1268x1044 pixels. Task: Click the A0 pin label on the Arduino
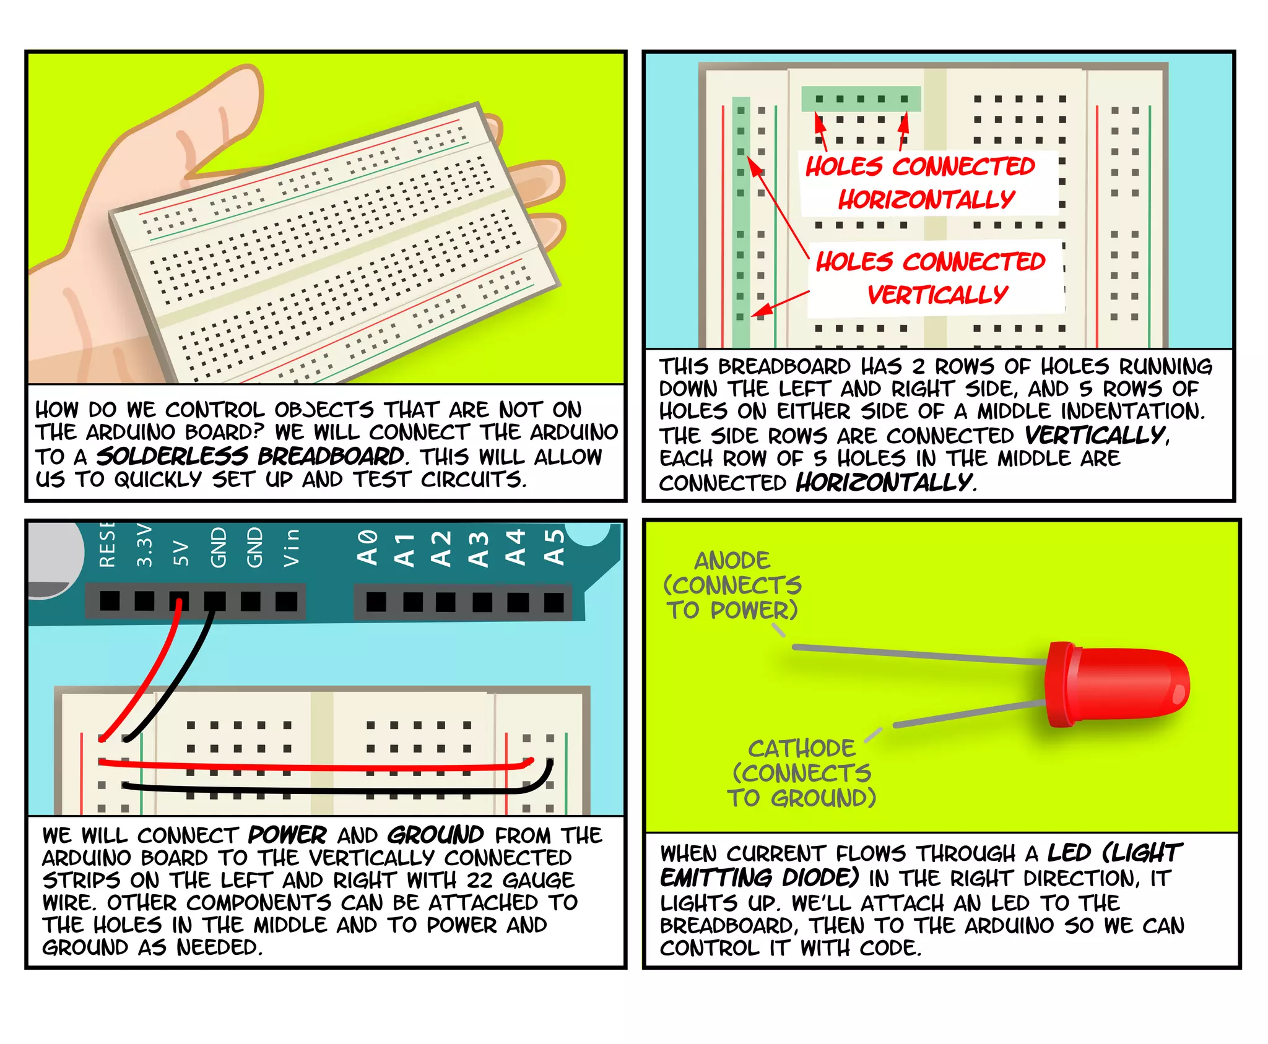point(368,547)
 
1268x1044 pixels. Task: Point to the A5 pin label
point(554,547)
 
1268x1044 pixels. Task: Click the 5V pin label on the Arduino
point(180,552)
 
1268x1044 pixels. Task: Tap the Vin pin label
point(291,548)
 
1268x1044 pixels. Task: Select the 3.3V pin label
point(144,545)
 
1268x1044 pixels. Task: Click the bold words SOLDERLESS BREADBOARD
point(251,456)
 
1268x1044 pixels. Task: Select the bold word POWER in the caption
point(287,835)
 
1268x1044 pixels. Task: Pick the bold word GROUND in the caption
point(435,835)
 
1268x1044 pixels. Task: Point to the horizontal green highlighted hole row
point(861,99)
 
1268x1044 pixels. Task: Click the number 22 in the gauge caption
point(479,880)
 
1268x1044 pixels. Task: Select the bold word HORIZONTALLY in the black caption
point(884,481)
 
